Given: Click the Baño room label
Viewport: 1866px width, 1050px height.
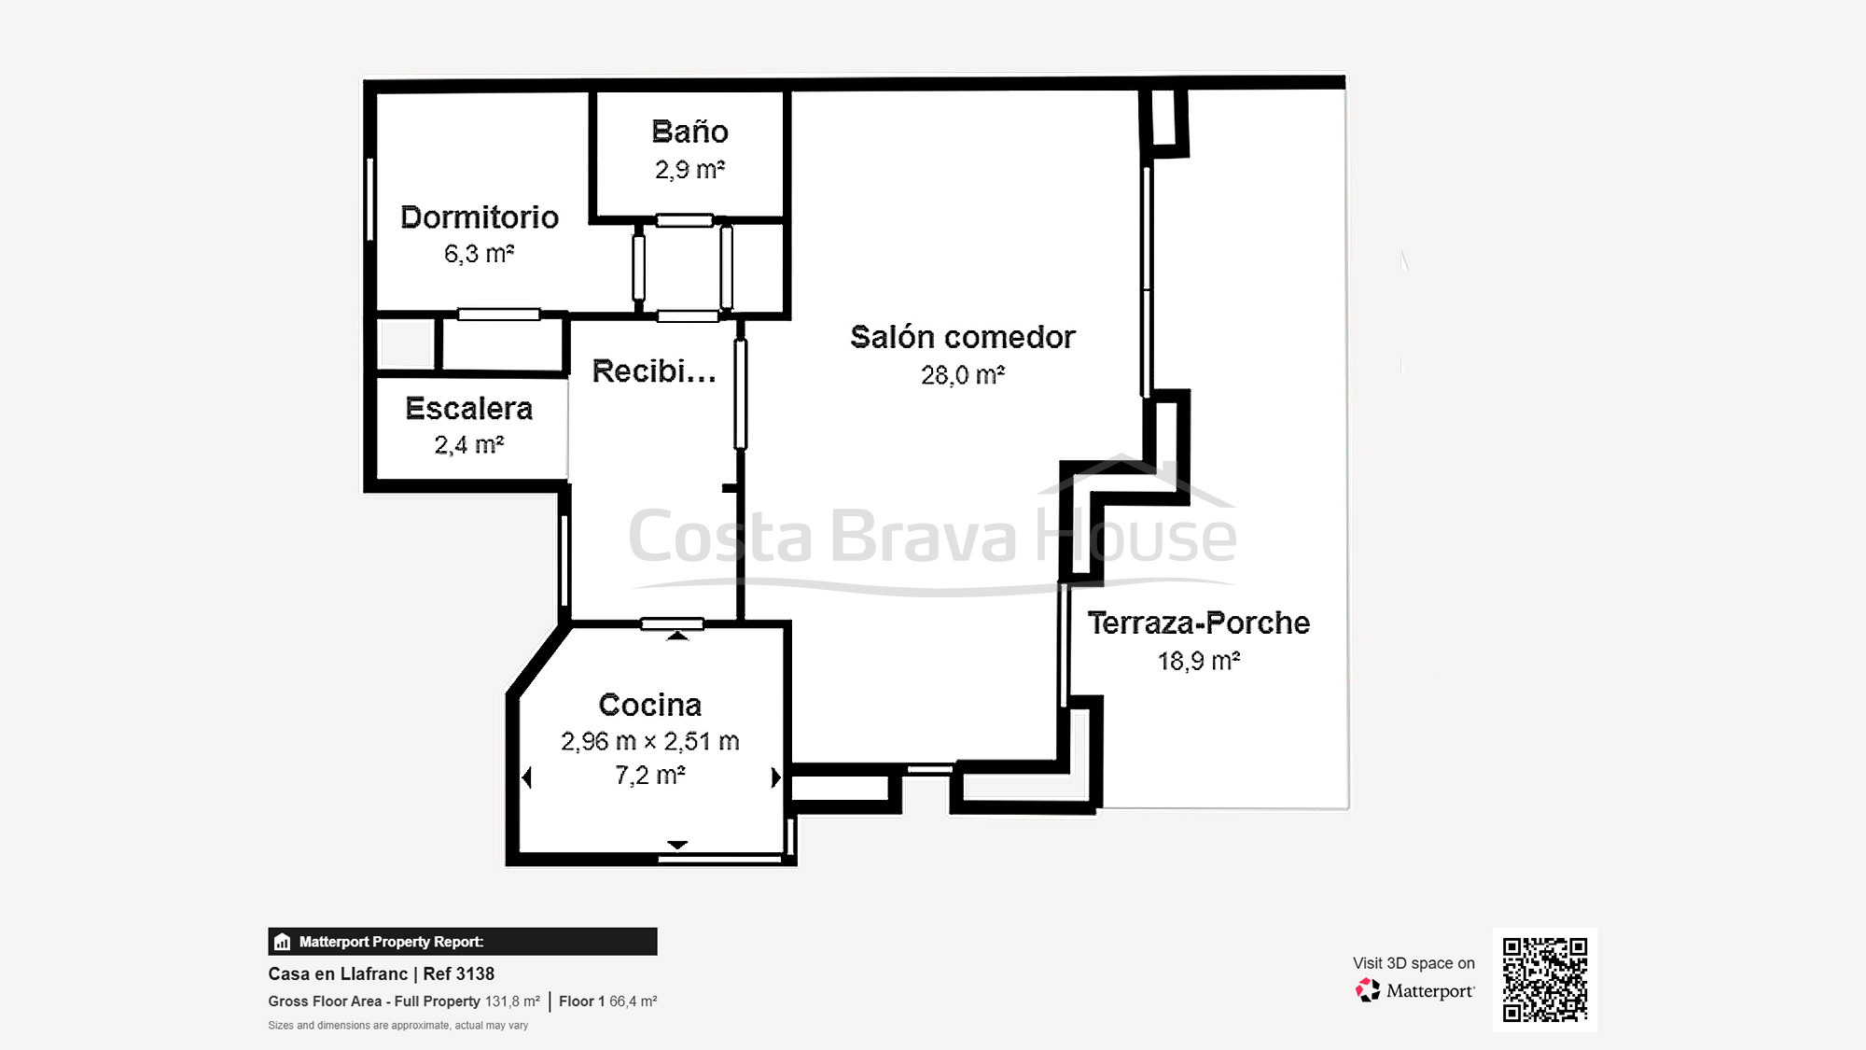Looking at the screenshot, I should [689, 132].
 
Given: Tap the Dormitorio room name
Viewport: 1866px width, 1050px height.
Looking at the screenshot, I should [480, 217].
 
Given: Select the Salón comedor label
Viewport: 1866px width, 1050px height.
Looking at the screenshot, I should [962, 337].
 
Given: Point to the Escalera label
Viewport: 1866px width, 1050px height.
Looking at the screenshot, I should [468, 409].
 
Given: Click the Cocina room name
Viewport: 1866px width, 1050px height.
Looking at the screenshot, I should [649, 705].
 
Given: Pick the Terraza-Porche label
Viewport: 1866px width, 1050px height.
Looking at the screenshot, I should [1198, 623].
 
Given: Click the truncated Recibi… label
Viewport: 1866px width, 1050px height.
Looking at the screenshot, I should [654, 371].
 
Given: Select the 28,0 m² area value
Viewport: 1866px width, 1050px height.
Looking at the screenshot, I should [962, 375].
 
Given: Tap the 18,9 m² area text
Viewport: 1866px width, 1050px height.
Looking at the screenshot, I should [1198, 661].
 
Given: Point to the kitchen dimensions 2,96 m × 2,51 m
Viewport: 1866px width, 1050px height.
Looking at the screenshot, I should [649, 742].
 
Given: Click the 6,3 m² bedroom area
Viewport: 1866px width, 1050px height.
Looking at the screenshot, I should [479, 254].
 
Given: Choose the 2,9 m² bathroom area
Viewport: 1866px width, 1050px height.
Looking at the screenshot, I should [689, 170].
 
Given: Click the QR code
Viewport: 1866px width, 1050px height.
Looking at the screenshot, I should [1544, 979].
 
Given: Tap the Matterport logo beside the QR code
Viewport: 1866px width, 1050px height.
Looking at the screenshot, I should [1414, 990].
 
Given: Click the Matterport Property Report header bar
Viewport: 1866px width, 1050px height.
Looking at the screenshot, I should [462, 941].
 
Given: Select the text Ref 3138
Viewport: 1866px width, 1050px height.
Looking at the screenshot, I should [458, 973].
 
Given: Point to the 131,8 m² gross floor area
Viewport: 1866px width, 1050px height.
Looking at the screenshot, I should [511, 1001].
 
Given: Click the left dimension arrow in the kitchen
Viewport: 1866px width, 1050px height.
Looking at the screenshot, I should [527, 777].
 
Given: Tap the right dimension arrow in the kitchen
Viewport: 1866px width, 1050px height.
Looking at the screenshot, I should [774, 777].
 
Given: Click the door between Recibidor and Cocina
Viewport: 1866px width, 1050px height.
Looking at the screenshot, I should [672, 623].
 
